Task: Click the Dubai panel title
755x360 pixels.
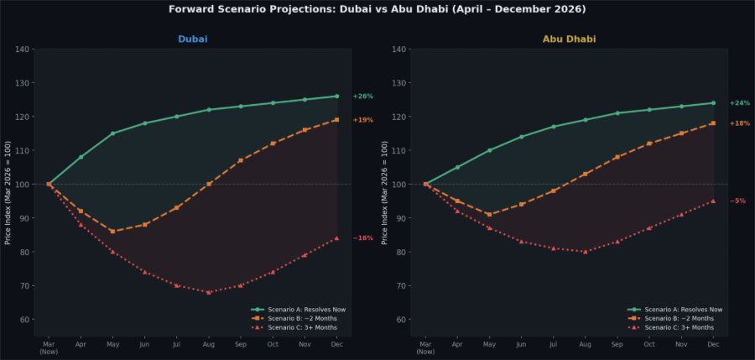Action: click(x=193, y=39)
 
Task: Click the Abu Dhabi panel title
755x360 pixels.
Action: click(x=570, y=39)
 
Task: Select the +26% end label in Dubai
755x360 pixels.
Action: click(x=362, y=97)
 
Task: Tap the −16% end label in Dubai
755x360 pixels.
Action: click(x=362, y=238)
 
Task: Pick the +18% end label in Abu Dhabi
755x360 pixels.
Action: click(x=740, y=123)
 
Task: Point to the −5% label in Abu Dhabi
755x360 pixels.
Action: click(x=737, y=201)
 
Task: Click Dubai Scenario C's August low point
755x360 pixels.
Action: click(x=209, y=292)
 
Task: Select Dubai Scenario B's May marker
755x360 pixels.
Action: click(x=112, y=232)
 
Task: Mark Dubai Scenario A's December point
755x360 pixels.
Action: click(x=337, y=97)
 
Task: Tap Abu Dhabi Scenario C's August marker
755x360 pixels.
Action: click(x=586, y=252)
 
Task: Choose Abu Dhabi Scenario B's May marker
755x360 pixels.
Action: click(x=489, y=215)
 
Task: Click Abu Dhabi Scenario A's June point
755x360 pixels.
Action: click(x=521, y=137)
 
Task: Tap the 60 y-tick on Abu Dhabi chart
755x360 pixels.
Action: click(x=402, y=320)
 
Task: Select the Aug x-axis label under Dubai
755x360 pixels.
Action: click(x=209, y=344)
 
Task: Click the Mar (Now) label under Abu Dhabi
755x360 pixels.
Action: click(x=425, y=347)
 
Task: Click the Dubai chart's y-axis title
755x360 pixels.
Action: click(x=8, y=193)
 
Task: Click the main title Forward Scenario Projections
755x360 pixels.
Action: click(x=377, y=9)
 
